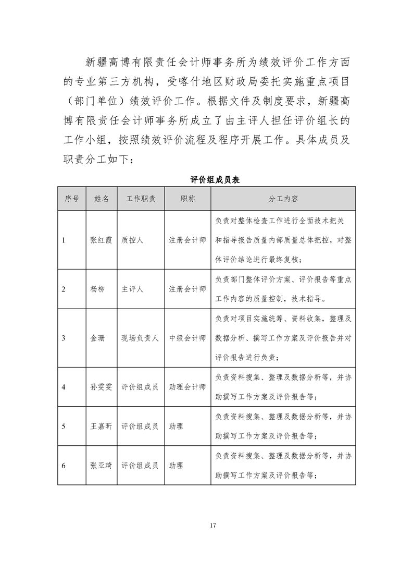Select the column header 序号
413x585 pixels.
[x=72, y=199]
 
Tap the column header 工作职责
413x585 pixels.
[x=140, y=199]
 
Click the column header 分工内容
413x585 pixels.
[x=283, y=199]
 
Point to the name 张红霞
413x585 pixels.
[x=101, y=240]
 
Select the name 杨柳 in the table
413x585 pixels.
[x=97, y=289]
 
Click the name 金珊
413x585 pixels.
[x=97, y=338]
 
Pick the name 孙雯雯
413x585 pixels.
[x=101, y=387]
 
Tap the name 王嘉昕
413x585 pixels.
[x=101, y=426]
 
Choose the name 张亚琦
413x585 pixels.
[x=101, y=466]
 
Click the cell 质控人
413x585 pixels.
[x=132, y=240]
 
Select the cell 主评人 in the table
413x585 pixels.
[x=132, y=289]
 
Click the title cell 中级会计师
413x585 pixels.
[x=187, y=338]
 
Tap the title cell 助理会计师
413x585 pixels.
[x=187, y=387]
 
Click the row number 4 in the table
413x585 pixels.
[x=63, y=387]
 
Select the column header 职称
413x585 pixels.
[x=187, y=199]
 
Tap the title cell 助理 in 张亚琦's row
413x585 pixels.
[x=176, y=466]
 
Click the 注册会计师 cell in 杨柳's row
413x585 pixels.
[x=187, y=289]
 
